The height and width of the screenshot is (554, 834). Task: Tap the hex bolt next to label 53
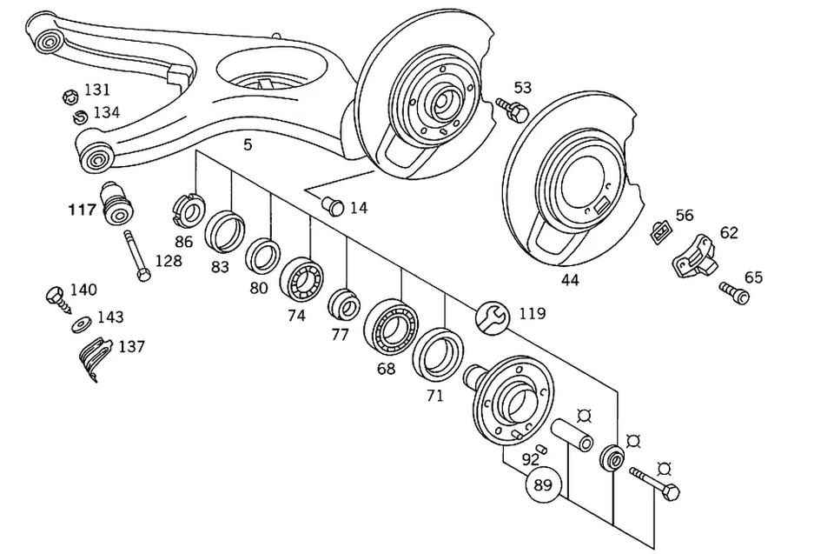(x=513, y=110)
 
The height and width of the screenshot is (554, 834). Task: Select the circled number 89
(x=543, y=485)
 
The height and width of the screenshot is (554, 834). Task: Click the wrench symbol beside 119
(x=491, y=317)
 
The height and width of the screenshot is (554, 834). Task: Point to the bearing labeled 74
(x=301, y=277)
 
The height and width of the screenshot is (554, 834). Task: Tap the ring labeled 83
(x=225, y=230)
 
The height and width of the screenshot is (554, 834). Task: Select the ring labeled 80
(x=261, y=255)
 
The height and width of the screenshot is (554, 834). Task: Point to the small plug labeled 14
(x=331, y=206)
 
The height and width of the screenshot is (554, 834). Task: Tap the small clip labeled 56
(x=660, y=231)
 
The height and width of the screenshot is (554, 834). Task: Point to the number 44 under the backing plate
(x=570, y=280)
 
